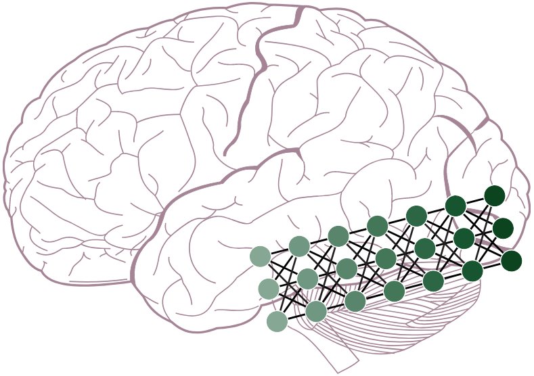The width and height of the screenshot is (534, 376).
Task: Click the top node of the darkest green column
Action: pos(495,195)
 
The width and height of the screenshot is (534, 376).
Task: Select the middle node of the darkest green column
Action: pos(503,228)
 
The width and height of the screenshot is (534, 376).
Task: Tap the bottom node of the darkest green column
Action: pos(511,260)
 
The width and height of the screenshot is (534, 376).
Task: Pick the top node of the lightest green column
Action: pos(261,256)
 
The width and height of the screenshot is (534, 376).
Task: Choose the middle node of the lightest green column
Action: pos(269,289)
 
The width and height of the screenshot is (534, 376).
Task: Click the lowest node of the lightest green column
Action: pos(277,321)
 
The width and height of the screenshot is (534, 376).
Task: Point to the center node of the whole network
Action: pos(386,258)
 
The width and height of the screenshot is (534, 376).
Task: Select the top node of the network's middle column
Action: pos(378,226)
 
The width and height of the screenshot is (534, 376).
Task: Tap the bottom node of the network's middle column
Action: pos(394,291)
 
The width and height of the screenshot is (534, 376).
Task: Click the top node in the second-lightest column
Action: pos(299,246)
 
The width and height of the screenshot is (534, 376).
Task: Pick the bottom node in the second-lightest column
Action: pos(316,311)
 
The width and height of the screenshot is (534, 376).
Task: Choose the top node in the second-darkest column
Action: pos(455,206)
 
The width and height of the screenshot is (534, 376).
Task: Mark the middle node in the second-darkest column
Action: pos(464,238)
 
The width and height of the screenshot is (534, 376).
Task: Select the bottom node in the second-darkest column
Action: pos(472,271)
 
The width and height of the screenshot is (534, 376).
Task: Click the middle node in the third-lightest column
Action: pos(347,268)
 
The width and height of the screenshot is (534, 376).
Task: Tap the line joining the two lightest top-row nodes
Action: pos(280,252)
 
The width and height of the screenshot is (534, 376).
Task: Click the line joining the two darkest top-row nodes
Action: pos(475,201)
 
